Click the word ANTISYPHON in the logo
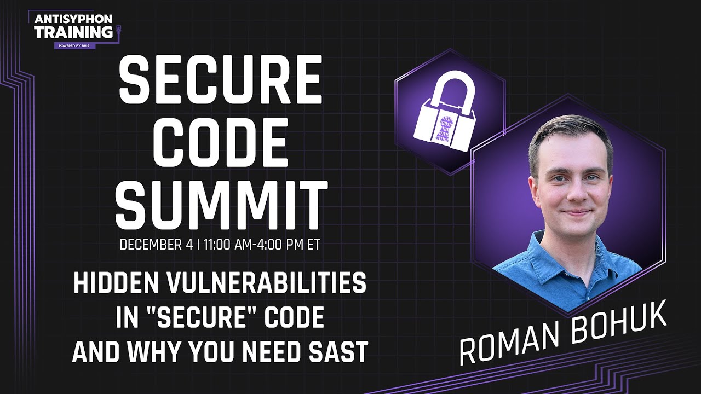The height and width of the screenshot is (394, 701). pos(73,19)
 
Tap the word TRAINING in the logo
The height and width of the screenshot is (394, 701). pos(73,32)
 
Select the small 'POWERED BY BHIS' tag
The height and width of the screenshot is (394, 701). pos(74,45)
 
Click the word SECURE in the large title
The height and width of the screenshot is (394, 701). pos(221,80)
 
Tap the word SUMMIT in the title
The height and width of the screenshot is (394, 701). pos(221,205)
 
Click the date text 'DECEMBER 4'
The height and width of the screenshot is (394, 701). pos(157,245)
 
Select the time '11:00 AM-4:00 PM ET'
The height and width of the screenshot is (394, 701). pos(262,245)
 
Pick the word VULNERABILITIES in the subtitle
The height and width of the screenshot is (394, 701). pos(267,283)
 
